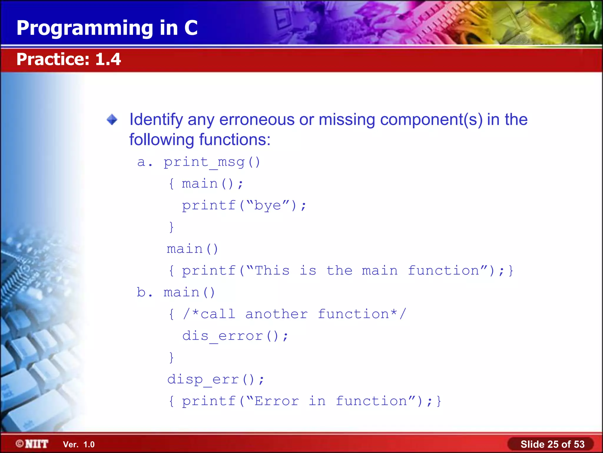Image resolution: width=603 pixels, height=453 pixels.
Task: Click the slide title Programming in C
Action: (x=107, y=28)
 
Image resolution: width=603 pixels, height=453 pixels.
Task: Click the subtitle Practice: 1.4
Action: (x=69, y=59)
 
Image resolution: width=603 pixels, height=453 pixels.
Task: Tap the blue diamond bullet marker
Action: (x=112, y=120)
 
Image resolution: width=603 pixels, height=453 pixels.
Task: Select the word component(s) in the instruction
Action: (x=431, y=120)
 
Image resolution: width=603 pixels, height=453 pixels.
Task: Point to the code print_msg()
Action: (x=212, y=162)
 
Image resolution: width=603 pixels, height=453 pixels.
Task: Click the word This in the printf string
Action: (x=272, y=271)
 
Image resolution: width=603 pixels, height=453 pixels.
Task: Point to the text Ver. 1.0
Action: (x=79, y=444)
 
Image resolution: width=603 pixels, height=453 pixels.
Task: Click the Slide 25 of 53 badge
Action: (x=552, y=444)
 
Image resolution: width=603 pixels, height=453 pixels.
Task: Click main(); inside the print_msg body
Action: (x=212, y=184)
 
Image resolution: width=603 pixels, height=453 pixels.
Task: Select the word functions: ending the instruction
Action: (x=235, y=140)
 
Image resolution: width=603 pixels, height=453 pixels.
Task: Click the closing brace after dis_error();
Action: (x=171, y=358)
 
